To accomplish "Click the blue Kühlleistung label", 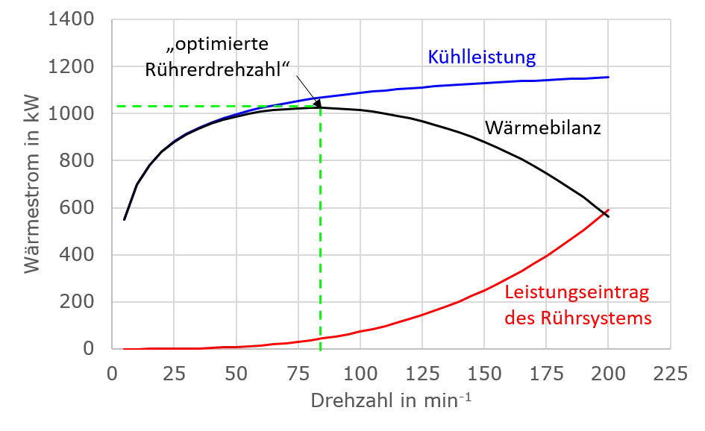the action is [481, 57].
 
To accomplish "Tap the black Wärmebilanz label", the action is [542, 128].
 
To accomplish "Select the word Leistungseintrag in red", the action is [577, 293].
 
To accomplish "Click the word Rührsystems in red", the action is [596, 318].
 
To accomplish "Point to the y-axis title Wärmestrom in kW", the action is [32, 184].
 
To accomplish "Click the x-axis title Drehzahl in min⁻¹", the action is [391, 400].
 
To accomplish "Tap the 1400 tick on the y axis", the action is [71, 19].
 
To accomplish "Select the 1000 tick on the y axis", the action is [71, 113].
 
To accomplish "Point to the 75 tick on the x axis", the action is [298, 374].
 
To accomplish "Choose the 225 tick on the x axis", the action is [671, 374].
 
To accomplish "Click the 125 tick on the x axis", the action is [422, 374].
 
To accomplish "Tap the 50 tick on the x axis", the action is [236, 374].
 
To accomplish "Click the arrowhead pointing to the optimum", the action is [318, 104].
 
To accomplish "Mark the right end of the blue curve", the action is [608, 78].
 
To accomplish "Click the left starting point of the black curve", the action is [124, 219].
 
